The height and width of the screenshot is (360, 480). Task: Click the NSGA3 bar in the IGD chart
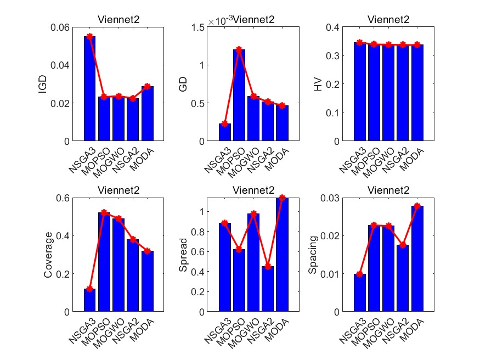click(x=90, y=88)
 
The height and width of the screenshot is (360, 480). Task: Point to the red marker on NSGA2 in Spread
click(x=268, y=266)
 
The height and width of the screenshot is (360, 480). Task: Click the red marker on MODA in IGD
click(x=147, y=86)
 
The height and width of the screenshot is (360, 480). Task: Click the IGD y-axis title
click(x=43, y=84)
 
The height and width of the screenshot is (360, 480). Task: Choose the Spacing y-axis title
click(x=313, y=255)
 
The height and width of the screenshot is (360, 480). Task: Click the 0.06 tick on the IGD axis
click(x=61, y=27)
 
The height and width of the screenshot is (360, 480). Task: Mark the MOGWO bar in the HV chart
click(x=389, y=93)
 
